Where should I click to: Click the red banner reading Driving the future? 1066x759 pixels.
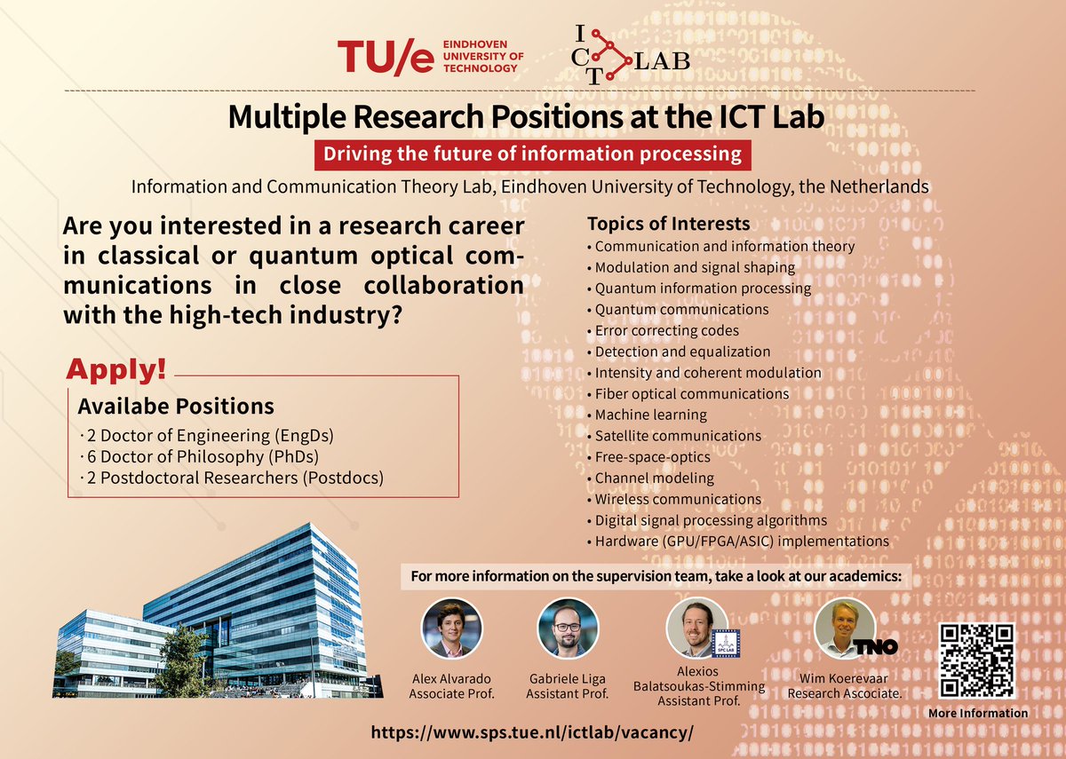[x=532, y=154]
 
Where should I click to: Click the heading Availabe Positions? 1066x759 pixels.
[x=176, y=407]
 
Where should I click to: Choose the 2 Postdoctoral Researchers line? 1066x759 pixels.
[x=232, y=478]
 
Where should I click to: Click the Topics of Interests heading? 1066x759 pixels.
[x=668, y=224]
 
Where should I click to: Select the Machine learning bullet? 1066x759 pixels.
[x=650, y=415]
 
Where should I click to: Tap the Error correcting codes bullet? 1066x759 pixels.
[x=666, y=330]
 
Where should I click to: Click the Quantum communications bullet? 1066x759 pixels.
[x=680, y=309]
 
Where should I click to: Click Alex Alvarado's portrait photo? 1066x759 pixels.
[x=451, y=628]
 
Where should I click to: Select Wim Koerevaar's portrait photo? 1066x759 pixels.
[x=840, y=628]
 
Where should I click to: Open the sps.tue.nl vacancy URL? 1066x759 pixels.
[x=532, y=734]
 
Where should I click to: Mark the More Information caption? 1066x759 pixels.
[x=977, y=713]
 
